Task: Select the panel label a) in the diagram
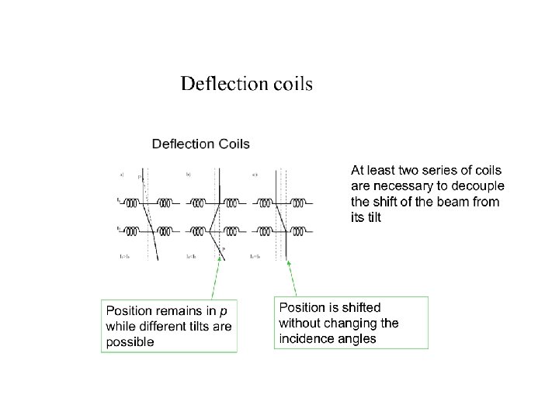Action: coord(122,175)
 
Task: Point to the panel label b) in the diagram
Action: coord(189,175)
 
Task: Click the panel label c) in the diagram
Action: coord(255,175)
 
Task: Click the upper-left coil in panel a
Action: coord(132,204)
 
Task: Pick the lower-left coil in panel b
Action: coord(198,230)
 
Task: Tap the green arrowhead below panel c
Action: coord(288,262)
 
